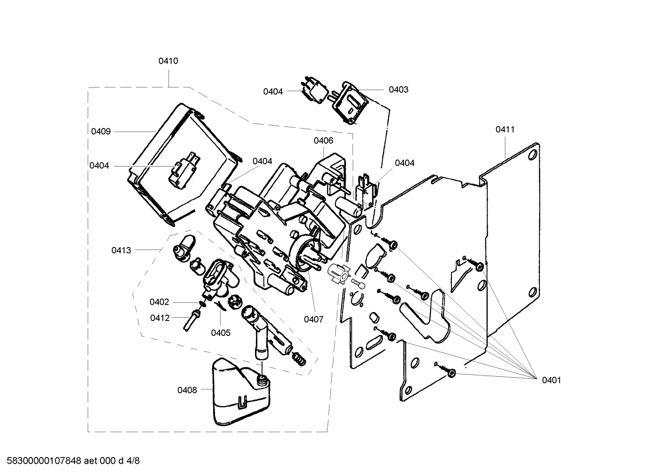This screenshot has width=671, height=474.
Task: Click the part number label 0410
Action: (168, 61)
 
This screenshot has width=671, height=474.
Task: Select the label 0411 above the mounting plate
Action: (505, 129)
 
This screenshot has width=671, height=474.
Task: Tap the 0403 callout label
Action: (398, 90)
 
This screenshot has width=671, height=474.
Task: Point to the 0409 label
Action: (101, 132)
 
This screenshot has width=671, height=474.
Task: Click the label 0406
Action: (323, 140)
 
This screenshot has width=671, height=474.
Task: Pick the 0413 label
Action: (121, 250)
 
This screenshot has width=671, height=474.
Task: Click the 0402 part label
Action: (159, 302)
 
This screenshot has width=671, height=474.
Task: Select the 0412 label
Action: (160, 318)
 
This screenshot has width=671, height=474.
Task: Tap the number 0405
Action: (221, 333)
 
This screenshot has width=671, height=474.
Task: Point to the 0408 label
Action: (187, 390)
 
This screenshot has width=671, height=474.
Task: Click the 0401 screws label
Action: (551, 380)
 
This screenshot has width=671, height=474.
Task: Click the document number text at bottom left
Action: (70, 461)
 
